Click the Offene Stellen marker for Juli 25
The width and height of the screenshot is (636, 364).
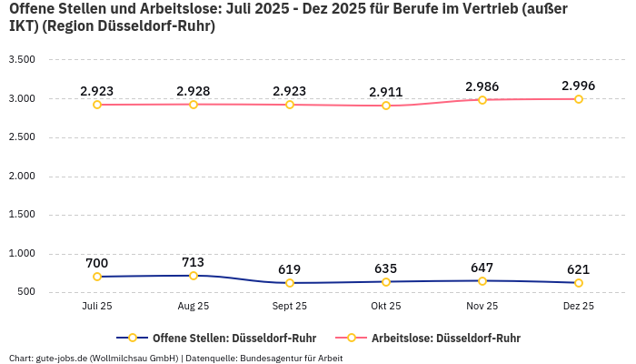97,277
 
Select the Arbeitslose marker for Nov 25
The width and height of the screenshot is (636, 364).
482,99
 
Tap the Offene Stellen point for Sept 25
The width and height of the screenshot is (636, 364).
290,283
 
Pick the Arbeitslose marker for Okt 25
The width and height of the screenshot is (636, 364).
386,106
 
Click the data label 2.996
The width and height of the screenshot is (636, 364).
579,86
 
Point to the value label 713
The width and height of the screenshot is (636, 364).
194,262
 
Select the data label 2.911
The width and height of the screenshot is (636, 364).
386,92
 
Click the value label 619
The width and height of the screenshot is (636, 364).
290,269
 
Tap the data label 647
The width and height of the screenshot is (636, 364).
482,268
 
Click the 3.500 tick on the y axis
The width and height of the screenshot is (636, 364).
21,60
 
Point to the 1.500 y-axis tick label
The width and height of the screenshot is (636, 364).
21,215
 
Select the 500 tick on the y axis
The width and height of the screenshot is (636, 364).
25,292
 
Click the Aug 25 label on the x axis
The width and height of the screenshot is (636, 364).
194,307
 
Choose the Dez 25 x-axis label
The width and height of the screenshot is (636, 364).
579,307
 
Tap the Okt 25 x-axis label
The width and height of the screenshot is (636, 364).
386,307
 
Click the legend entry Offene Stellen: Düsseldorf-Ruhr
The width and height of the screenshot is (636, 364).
234,338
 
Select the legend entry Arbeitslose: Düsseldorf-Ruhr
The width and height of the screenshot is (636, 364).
445,338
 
